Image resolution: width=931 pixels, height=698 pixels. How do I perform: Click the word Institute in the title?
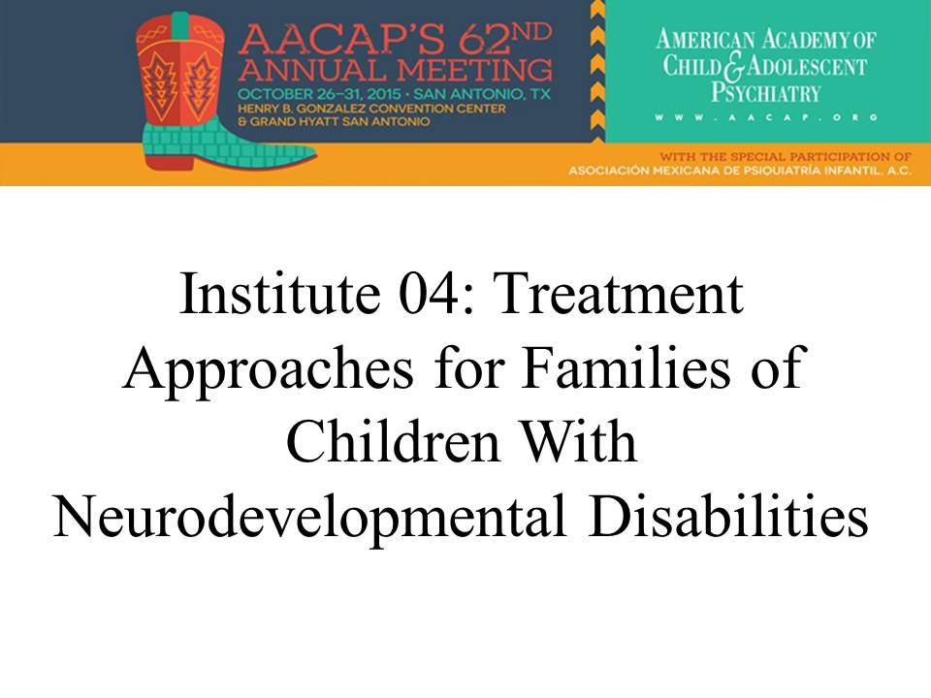tap(279, 293)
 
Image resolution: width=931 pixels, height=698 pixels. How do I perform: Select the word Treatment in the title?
tap(618, 293)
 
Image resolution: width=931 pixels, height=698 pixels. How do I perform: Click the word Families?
tap(626, 367)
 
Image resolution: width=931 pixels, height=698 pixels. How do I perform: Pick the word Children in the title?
tap(393, 442)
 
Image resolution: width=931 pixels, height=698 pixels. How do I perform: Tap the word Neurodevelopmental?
tap(309, 518)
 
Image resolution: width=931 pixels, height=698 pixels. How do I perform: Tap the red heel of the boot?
tap(169, 160)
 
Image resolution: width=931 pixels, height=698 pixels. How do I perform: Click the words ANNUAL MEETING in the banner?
tap(395, 70)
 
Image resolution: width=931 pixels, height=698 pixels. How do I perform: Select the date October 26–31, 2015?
tap(319, 94)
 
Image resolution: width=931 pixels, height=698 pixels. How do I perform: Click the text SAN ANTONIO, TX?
tap(482, 94)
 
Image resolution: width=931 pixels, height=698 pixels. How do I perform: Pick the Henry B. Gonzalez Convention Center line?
tap(371, 109)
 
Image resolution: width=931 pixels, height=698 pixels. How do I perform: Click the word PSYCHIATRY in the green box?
tap(766, 93)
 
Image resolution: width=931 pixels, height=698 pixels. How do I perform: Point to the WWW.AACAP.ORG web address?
tap(766, 117)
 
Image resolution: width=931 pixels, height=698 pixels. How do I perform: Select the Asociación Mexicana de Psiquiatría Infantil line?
tap(740, 171)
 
